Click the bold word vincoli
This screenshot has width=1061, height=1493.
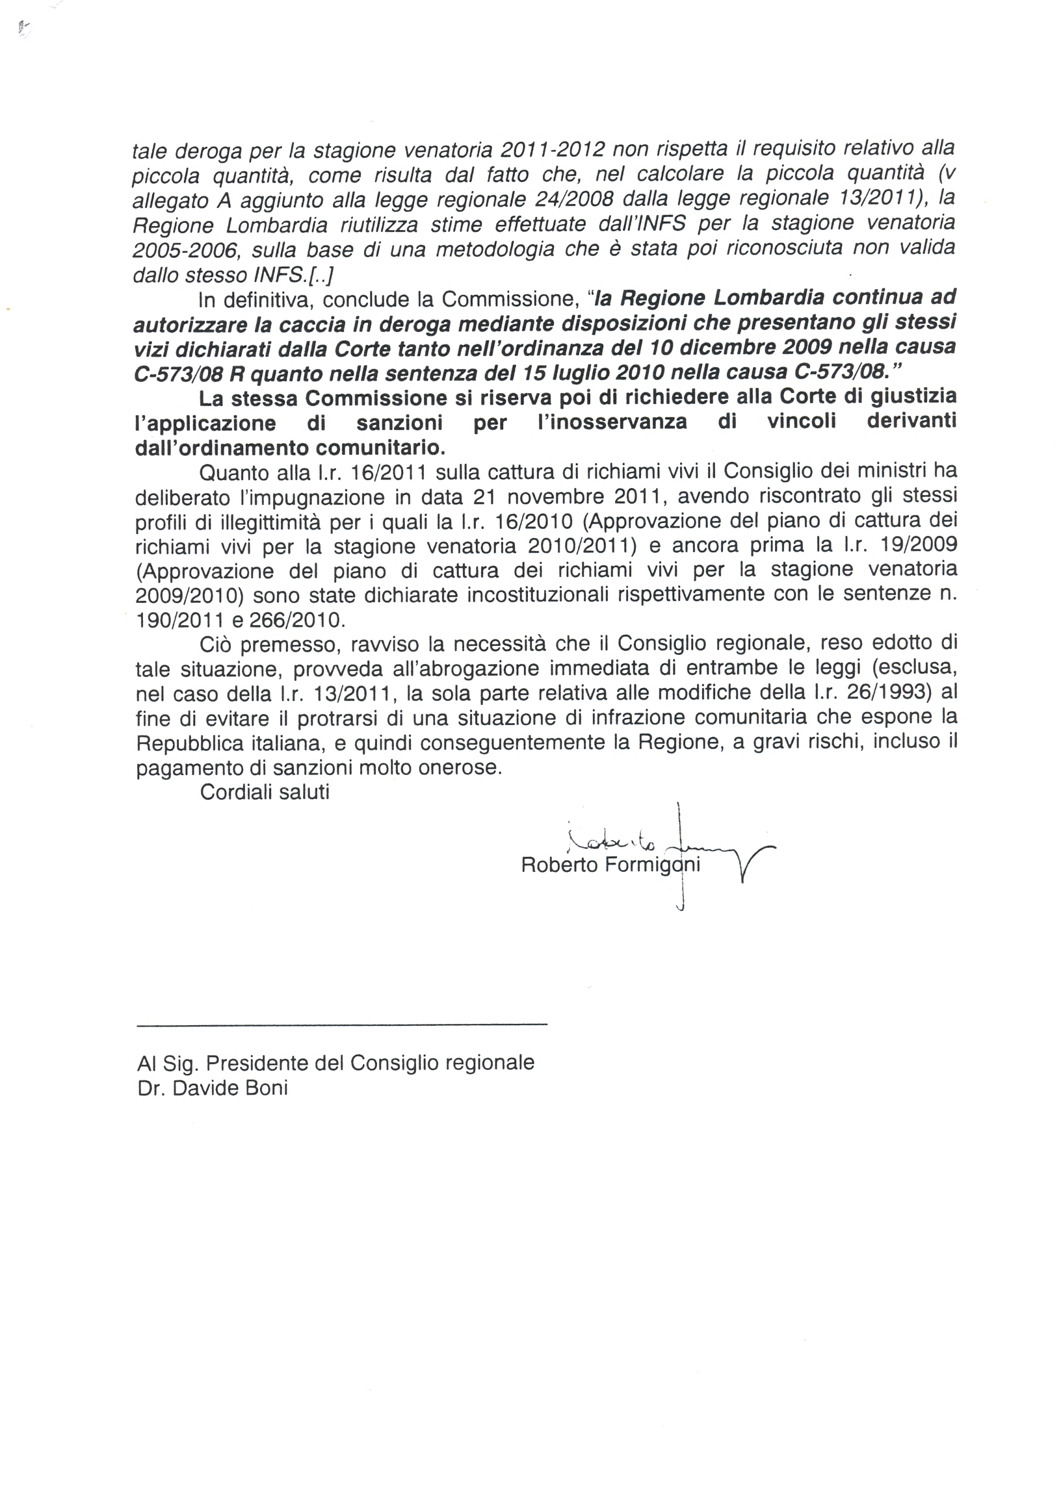pyautogui.click(x=801, y=422)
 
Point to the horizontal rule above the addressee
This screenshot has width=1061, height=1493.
pyautogui.click(x=342, y=1026)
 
